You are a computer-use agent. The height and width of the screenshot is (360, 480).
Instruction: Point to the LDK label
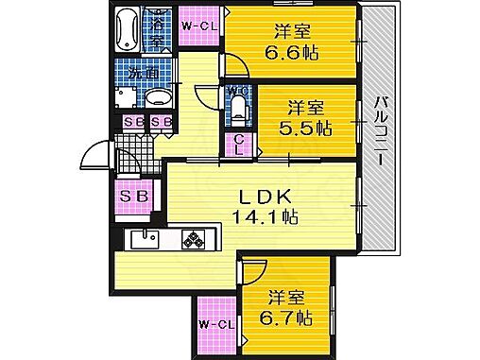251,197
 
